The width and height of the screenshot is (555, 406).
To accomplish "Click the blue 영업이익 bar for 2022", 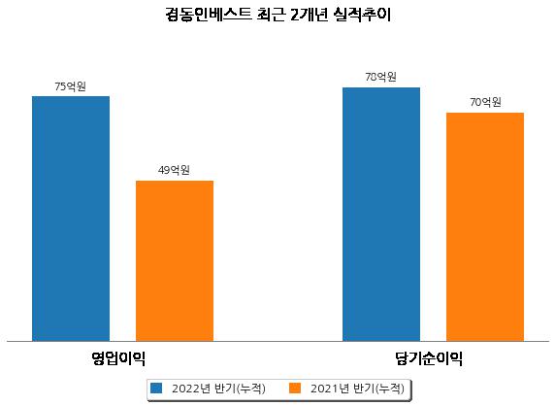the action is tap(71, 219).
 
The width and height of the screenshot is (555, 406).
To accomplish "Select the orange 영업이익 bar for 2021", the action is tap(175, 260).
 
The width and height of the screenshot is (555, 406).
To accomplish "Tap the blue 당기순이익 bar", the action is tap(381, 215).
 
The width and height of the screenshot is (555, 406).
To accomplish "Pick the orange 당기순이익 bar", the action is tap(485, 226).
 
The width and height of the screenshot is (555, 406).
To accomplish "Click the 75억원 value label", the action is tap(71, 86).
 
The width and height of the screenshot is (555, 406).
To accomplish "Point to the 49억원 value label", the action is tap(174, 170).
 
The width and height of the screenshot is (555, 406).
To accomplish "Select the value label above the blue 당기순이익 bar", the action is tap(381, 77).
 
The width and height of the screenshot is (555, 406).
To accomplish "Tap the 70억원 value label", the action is tap(485, 102).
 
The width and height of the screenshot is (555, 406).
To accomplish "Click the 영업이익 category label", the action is tap(118, 358).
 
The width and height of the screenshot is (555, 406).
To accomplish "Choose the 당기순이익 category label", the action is tap(429, 358).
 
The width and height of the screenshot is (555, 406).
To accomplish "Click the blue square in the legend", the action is tap(156, 388).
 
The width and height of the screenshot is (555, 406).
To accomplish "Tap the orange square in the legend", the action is tap(295, 388).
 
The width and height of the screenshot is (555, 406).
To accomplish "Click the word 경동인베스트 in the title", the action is tap(209, 15).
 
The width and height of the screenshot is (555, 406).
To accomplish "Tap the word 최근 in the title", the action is tap(271, 15).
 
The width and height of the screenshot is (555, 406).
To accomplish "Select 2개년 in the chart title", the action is tap(310, 15).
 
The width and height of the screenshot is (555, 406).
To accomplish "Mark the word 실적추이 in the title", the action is tap(362, 15).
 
